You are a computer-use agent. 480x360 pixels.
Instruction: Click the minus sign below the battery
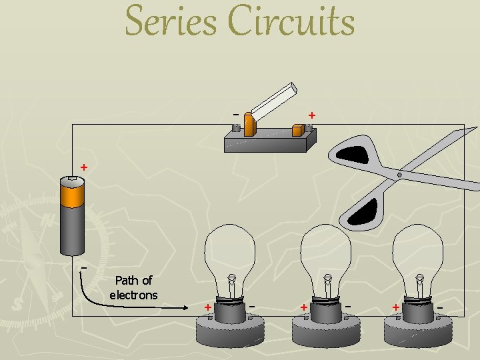pyautogui.click(x=83, y=267)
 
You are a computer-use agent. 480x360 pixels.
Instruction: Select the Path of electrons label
pyautogui.click(x=133, y=287)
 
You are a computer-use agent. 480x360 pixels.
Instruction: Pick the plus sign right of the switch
pyautogui.click(x=311, y=115)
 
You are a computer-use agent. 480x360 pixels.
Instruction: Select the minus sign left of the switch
pyautogui.click(x=235, y=113)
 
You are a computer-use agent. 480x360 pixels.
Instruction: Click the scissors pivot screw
pyautogui.click(x=399, y=175)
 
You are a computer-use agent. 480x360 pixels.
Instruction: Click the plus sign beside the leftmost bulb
pyautogui.click(x=208, y=307)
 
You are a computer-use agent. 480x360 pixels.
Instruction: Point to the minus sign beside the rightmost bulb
pyautogui.click(x=440, y=306)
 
